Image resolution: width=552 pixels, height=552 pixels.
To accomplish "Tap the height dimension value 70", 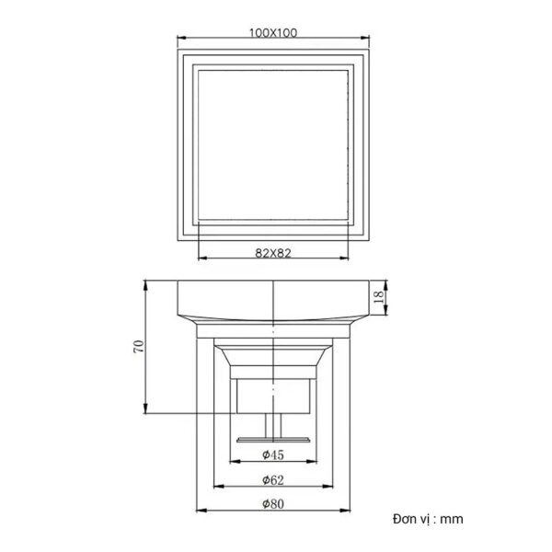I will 139,346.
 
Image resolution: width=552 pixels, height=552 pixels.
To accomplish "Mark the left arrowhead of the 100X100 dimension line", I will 180,40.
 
